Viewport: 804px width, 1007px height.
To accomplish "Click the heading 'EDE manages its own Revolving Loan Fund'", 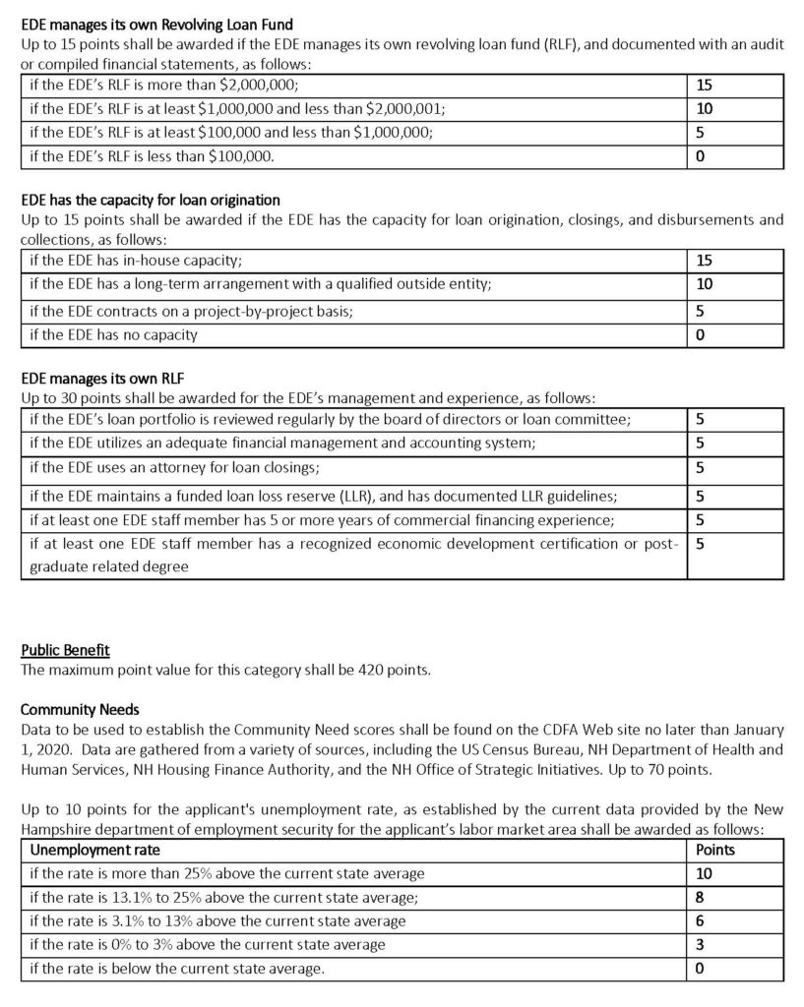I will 156,23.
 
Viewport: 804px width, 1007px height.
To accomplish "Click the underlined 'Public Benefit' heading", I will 65,650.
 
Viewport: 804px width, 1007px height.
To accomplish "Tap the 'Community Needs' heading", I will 80,709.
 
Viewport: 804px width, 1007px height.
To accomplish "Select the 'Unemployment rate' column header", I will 95,850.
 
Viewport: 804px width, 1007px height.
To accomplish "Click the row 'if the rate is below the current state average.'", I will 177,969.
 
